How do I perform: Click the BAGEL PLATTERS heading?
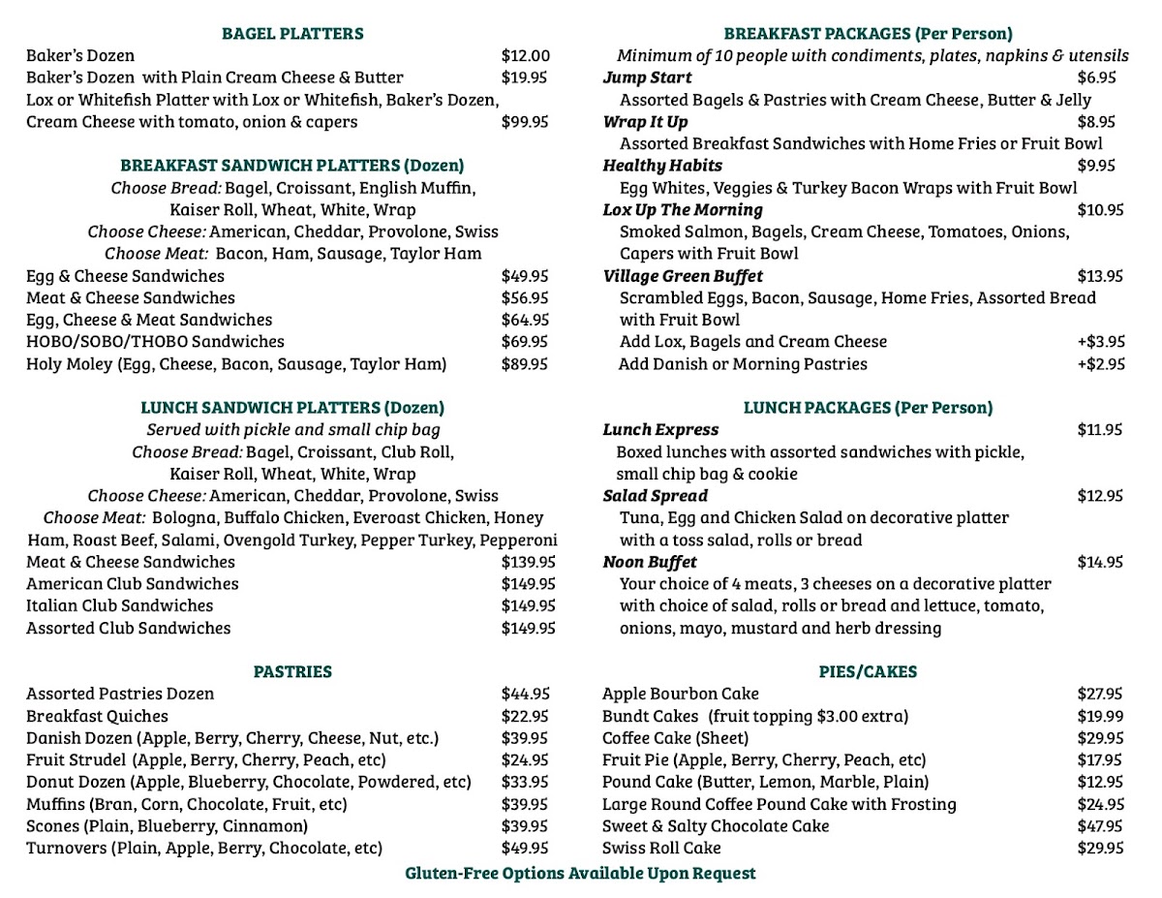[x=292, y=34]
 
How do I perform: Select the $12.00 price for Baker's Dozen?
[x=525, y=55]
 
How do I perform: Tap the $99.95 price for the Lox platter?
[x=525, y=122]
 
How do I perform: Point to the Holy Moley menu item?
[x=236, y=364]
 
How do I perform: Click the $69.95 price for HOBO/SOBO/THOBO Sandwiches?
[x=525, y=342]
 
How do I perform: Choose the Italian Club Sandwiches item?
[x=119, y=605]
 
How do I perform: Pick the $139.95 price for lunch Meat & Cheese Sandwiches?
[x=528, y=562]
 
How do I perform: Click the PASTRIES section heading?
[x=292, y=671]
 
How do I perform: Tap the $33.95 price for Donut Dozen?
[x=525, y=782]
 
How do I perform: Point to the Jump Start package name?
[x=647, y=77]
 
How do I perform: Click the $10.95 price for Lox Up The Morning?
[x=1100, y=209]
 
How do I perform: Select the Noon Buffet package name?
[x=649, y=562]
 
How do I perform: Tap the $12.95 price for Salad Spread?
[x=1100, y=496]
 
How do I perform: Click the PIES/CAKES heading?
[x=868, y=671]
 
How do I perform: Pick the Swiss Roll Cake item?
[x=661, y=848]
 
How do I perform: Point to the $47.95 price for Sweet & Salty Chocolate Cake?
[x=1100, y=826]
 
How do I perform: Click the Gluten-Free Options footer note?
[x=580, y=873]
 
